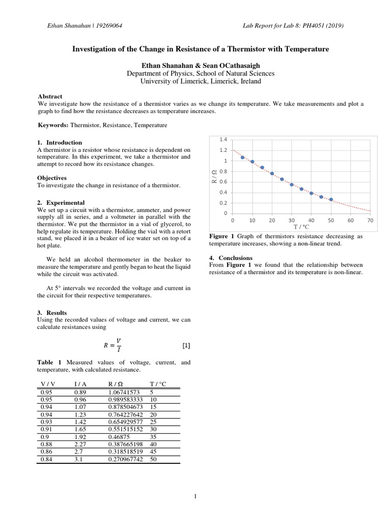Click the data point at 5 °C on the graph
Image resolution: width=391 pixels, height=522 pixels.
coord(242,158)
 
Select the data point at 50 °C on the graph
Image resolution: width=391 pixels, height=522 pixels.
coord(331,199)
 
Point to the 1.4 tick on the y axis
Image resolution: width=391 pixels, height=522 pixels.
coord(223,139)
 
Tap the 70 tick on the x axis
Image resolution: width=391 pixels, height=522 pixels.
coord(370,221)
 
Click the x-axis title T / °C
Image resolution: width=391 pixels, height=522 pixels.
coord(301,227)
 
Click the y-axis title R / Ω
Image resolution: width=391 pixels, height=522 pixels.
coord(214,176)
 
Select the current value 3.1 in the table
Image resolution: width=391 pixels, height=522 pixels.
coord(78,459)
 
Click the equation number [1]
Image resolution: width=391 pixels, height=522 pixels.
coord(186,346)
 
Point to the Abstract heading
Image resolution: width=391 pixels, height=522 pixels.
coord(50,96)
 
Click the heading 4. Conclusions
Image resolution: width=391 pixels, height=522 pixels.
coord(231,258)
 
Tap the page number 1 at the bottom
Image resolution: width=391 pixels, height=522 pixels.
coord(195,498)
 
